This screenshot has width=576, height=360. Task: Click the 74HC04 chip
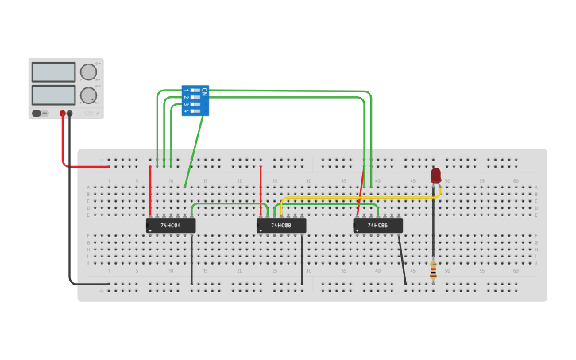(x=170, y=226)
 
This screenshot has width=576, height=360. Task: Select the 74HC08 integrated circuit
(x=280, y=226)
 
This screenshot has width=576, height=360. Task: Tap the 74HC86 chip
(x=377, y=226)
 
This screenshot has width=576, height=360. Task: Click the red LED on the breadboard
(x=435, y=175)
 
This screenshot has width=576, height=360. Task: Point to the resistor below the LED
(x=433, y=270)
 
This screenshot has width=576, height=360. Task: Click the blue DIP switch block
(x=195, y=101)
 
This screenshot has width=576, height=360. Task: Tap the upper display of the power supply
(x=53, y=72)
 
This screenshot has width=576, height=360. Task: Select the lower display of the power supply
(x=53, y=95)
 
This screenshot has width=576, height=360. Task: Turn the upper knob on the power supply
(x=88, y=72)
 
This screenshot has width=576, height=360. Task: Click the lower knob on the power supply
(x=88, y=95)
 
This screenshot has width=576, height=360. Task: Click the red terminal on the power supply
(x=62, y=114)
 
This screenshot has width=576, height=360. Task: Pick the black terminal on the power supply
(x=70, y=114)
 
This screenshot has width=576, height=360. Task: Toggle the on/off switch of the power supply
(x=37, y=114)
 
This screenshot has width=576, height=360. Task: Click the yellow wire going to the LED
(x=358, y=197)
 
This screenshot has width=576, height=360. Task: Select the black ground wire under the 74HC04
(x=191, y=258)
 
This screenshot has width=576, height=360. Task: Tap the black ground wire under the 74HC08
(x=302, y=258)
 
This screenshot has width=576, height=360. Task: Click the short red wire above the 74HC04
(x=150, y=191)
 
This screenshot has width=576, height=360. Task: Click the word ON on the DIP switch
(x=203, y=91)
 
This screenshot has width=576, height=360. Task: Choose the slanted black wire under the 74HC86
(x=402, y=258)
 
